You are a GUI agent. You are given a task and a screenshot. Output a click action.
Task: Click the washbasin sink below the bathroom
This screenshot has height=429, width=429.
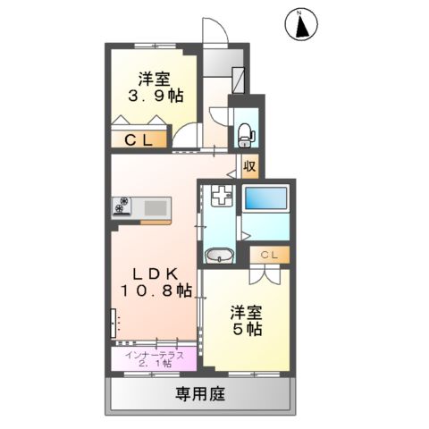(219, 257)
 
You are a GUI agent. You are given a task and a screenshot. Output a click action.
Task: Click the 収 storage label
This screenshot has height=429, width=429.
(250, 165)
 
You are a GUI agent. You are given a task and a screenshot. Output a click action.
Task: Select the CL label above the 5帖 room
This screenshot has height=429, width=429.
(270, 256)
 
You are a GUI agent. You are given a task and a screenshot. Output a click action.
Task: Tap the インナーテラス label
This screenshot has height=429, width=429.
(155, 355)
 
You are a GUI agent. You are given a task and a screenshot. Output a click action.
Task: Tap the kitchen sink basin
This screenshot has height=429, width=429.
(156, 208)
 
